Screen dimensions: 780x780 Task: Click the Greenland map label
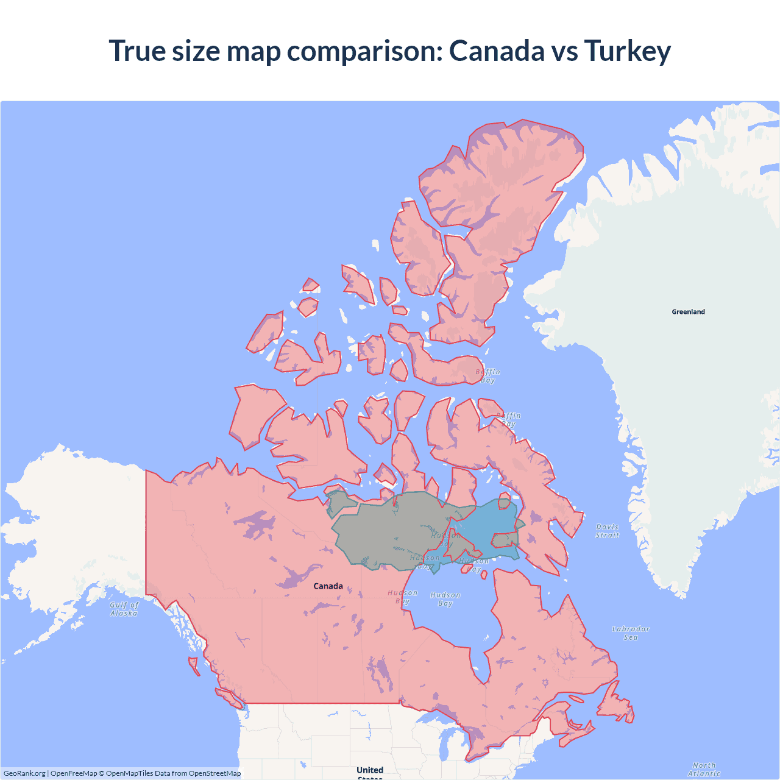pyautogui.click(x=688, y=311)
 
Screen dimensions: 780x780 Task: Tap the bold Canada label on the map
pyautogui.click(x=328, y=586)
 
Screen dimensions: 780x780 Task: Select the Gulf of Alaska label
pyautogui.click(x=124, y=609)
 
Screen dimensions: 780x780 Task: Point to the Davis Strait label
pyautogui.click(x=607, y=531)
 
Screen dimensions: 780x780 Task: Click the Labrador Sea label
pyautogui.click(x=631, y=633)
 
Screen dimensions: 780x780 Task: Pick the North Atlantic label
pyautogui.click(x=704, y=769)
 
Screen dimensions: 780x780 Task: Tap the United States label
pyautogui.click(x=370, y=771)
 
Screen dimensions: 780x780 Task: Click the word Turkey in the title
pyautogui.click(x=627, y=51)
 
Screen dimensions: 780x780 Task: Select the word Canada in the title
pyautogui.click(x=497, y=51)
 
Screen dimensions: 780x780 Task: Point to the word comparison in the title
pyautogui.click(x=364, y=51)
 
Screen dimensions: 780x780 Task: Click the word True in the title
pyautogui.click(x=136, y=51)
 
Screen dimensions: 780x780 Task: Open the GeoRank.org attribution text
pyautogui.click(x=24, y=773)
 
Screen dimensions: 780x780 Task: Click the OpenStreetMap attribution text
pyautogui.click(x=214, y=773)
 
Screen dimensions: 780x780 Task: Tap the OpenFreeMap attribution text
pyautogui.click(x=74, y=773)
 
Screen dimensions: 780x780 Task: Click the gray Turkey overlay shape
pyautogui.click(x=390, y=530)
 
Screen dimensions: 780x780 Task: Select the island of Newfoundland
pyautogui.click(x=615, y=707)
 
